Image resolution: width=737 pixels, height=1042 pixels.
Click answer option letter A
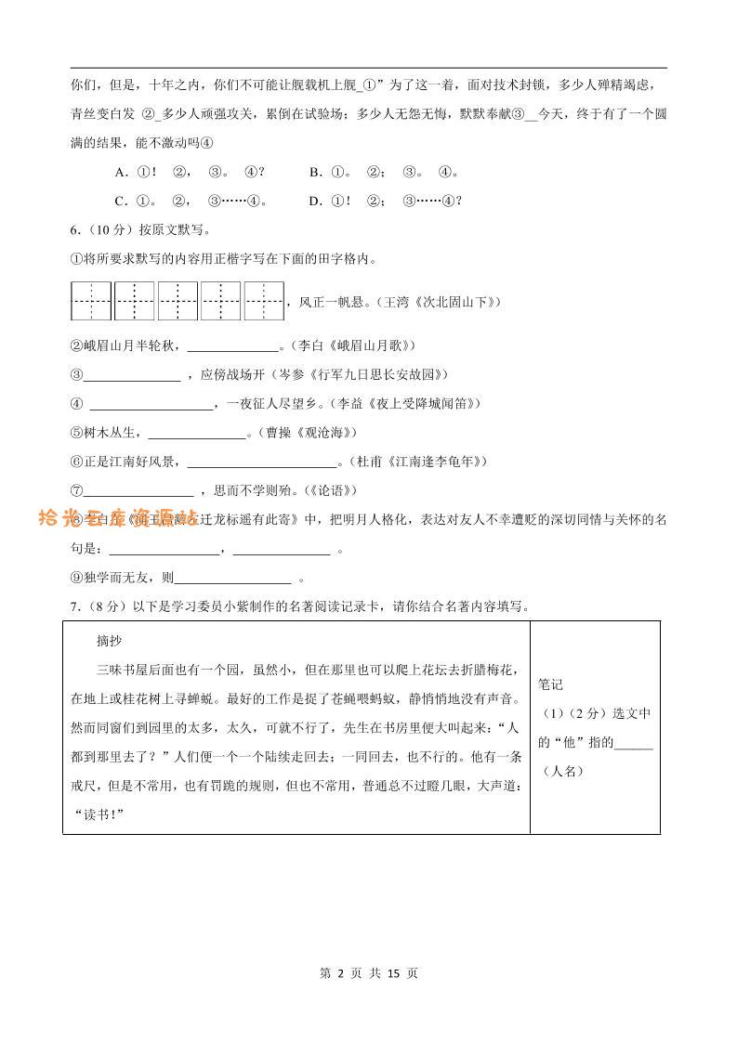[x=120, y=172]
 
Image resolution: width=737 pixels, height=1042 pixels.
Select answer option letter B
[x=316, y=172]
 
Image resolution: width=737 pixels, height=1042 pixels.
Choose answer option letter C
[x=120, y=201]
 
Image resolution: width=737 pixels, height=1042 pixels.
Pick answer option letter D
[x=316, y=201]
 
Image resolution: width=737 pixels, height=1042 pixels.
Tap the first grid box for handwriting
[x=91, y=301]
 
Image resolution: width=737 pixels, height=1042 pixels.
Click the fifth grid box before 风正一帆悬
[x=264, y=301]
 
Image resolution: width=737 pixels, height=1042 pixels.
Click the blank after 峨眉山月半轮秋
[x=233, y=346]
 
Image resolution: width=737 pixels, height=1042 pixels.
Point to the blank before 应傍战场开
[x=132, y=375]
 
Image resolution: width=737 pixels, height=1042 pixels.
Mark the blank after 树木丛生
[x=196, y=433]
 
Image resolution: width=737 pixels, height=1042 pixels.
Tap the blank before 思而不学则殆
[x=138, y=490]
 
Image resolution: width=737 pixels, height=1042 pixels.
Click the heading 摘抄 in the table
[x=110, y=642]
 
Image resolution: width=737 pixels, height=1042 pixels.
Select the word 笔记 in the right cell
[x=551, y=684]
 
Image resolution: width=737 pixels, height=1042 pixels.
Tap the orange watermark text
[x=117, y=518]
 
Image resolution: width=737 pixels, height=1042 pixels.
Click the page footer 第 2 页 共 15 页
[x=368, y=973]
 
